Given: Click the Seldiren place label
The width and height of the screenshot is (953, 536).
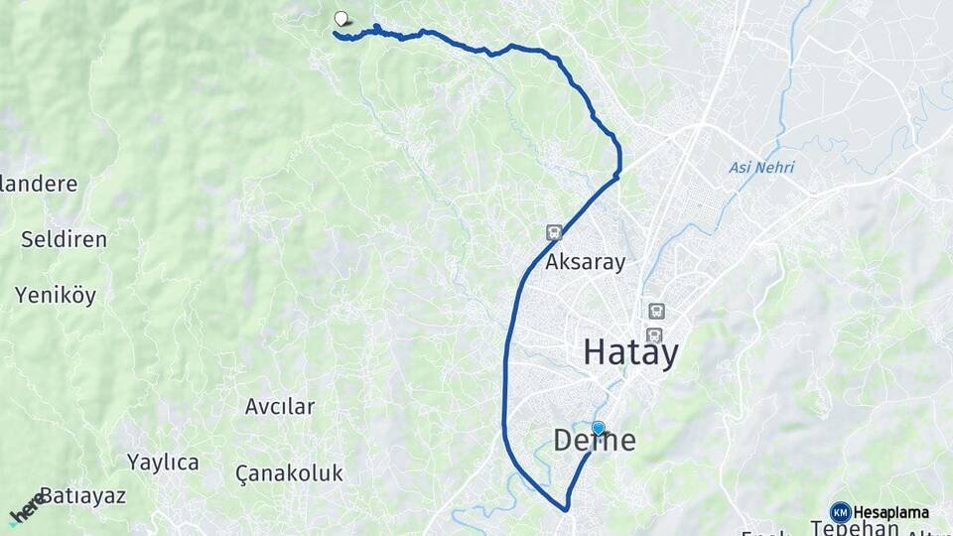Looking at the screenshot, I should [x=64, y=239].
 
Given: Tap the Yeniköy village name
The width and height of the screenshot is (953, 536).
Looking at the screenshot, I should [x=55, y=294].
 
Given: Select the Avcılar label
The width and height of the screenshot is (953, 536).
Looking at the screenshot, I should [x=280, y=406].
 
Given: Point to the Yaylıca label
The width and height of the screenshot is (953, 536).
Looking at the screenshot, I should [x=163, y=462].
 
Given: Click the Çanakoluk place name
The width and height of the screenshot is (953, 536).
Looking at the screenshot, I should [x=290, y=472].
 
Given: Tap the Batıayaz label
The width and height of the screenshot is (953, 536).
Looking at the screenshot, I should [x=82, y=495].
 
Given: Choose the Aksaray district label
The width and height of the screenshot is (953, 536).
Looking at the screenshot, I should [x=586, y=263].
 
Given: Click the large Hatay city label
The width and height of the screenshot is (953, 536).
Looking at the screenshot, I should [x=630, y=352].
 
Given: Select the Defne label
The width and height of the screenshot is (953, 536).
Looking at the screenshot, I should [x=594, y=441].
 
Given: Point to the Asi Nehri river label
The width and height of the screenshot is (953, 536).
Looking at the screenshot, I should [x=761, y=167].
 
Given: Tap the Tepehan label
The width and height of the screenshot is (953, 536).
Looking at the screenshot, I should [x=855, y=528].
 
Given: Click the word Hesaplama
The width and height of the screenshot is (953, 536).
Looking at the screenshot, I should [x=891, y=512].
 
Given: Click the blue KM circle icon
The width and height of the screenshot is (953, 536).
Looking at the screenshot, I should [x=840, y=512].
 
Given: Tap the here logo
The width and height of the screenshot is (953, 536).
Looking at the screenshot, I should [x=26, y=508].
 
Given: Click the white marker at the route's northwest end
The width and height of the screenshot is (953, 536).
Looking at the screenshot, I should [x=341, y=18].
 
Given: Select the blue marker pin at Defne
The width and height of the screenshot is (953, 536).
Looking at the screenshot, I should [x=598, y=428].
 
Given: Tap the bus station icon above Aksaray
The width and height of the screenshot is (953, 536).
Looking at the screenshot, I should [x=553, y=232].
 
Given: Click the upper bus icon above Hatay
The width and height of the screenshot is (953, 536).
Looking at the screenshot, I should [x=655, y=311].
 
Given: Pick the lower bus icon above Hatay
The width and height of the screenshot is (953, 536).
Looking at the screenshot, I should [x=653, y=335].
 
